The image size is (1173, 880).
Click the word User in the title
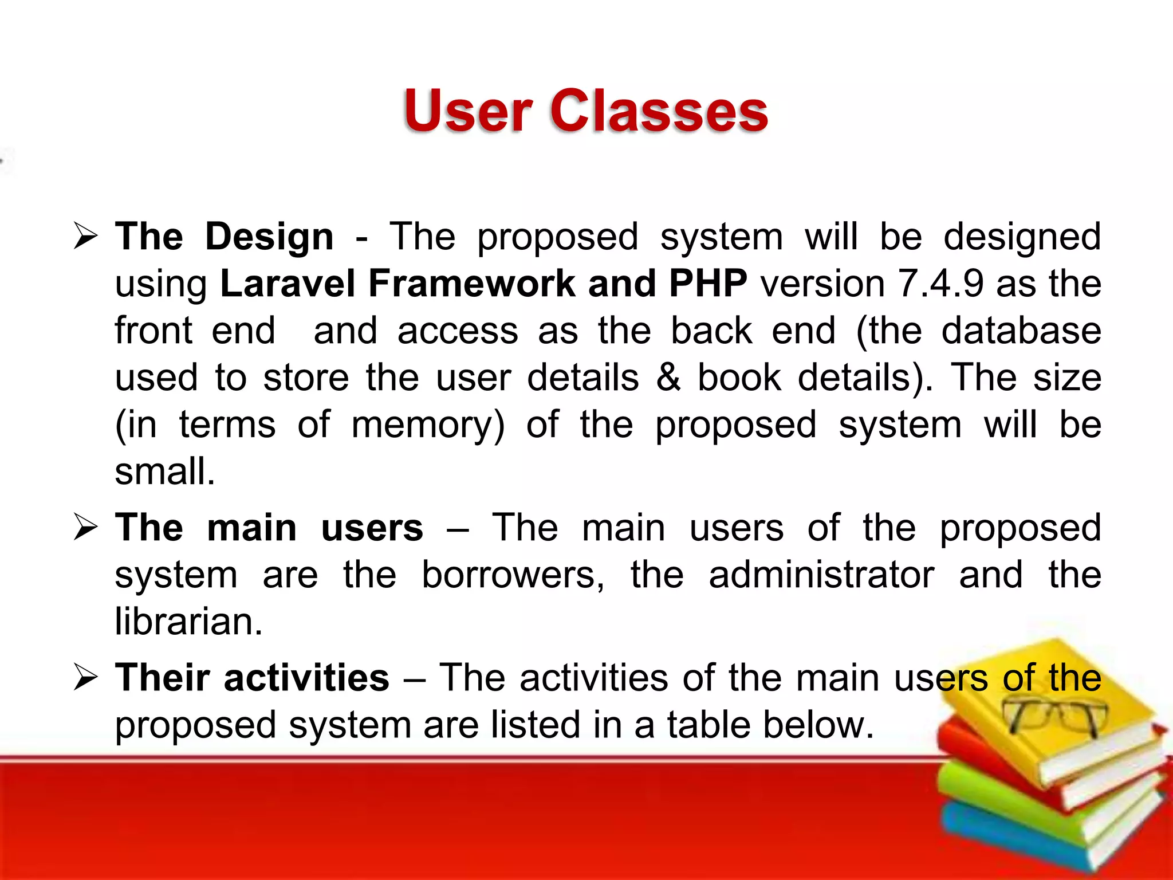pyautogui.click(x=469, y=112)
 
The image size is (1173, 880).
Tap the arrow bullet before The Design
pyautogui.click(x=86, y=237)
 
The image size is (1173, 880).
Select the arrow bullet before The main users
pyautogui.click(x=86, y=528)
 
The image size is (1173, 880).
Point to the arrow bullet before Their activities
pyautogui.click(x=86, y=678)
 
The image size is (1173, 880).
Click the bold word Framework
pyautogui.click(x=471, y=284)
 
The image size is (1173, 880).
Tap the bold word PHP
pyautogui.click(x=708, y=284)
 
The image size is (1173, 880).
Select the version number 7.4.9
pyautogui.click(x=940, y=284)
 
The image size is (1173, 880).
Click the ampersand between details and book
pyautogui.click(x=668, y=378)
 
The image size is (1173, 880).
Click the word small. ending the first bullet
pyautogui.click(x=165, y=472)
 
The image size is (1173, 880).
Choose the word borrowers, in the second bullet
pyautogui.click(x=513, y=575)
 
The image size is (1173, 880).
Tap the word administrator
pyautogui.click(x=821, y=575)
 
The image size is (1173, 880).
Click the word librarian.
pyautogui.click(x=188, y=622)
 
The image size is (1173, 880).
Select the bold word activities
pyautogui.click(x=306, y=678)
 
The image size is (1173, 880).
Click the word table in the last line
pyautogui.click(x=708, y=725)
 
